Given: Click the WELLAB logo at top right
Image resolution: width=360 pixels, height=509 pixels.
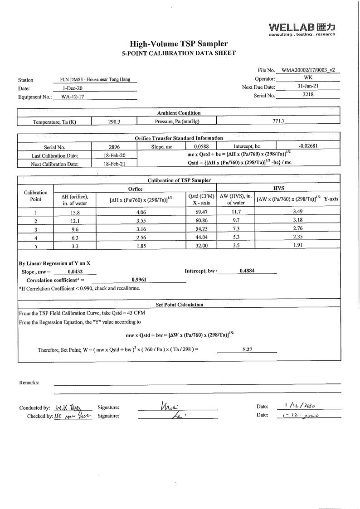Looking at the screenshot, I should coord(302,28).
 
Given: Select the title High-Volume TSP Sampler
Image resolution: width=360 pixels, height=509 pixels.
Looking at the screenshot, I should coord(179,44).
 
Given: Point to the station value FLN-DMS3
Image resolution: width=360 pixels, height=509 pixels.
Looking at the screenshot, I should coord(95,79).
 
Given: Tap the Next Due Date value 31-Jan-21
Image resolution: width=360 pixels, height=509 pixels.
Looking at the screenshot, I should coord(308,86).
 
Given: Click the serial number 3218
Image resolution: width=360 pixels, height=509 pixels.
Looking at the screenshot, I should coord(308,95).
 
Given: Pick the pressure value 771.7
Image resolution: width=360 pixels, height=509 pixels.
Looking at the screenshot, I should coord(278,121).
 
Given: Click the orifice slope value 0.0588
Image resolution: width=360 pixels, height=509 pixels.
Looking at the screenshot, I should coord(201,147).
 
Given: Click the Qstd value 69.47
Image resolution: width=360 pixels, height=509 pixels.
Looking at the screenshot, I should coord(201,212).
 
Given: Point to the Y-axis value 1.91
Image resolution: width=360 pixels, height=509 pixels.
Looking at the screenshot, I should coord(297,245).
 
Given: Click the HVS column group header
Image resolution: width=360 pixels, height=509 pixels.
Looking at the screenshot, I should coord(278,188).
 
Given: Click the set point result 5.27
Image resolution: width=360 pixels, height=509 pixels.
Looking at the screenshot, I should coord(247,349).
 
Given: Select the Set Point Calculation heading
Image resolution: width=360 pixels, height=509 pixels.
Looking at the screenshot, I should coord(179,305).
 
